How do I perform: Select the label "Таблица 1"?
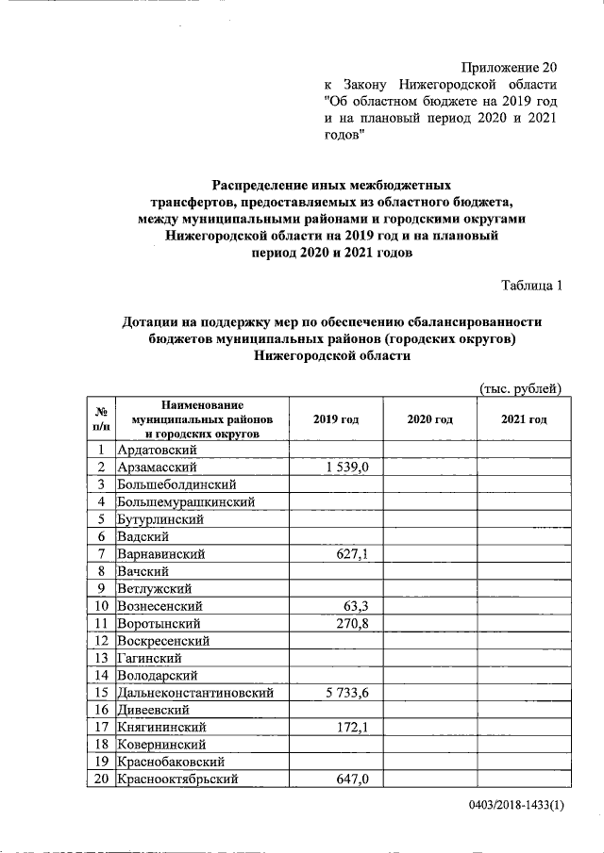(x=531, y=286)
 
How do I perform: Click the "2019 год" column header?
(x=336, y=419)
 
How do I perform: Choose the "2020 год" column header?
(x=429, y=419)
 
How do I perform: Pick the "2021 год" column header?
(x=524, y=419)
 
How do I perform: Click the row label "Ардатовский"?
(x=156, y=450)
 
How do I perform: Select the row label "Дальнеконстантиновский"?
(x=196, y=693)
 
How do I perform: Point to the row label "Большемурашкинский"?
(x=186, y=502)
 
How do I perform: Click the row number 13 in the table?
(x=101, y=659)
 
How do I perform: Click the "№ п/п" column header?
(x=101, y=419)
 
